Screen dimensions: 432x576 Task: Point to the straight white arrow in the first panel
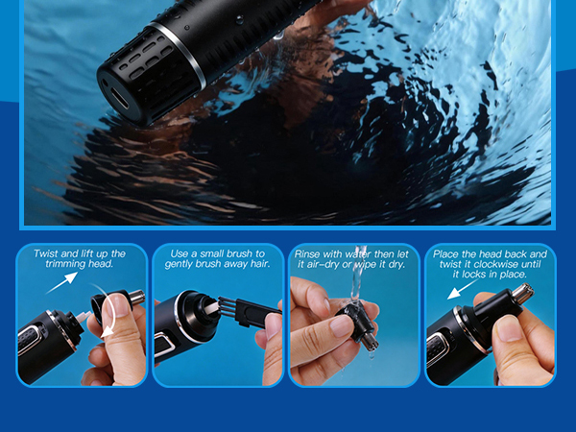click(x=60, y=282)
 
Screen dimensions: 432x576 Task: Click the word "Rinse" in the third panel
click(x=312, y=253)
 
